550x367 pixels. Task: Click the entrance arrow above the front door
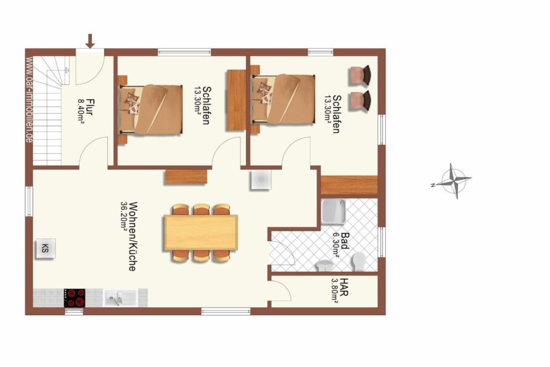(x=91, y=41)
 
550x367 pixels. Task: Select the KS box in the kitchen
(x=45, y=248)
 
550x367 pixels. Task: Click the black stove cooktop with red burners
(x=75, y=298)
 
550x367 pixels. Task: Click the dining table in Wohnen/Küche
(x=200, y=232)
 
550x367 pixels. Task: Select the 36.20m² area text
(x=123, y=216)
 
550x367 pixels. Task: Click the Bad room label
(x=345, y=240)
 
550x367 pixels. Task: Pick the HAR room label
(x=344, y=287)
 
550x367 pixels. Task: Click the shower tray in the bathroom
(x=333, y=212)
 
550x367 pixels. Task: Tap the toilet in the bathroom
(x=358, y=262)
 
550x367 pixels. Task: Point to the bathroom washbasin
(x=324, y=266)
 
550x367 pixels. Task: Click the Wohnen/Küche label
(x=132, y=236)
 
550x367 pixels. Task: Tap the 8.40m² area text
(x=81, y=110)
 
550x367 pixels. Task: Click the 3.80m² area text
(x=335, y=291)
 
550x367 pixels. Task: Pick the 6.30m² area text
(x=335, y=245)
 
